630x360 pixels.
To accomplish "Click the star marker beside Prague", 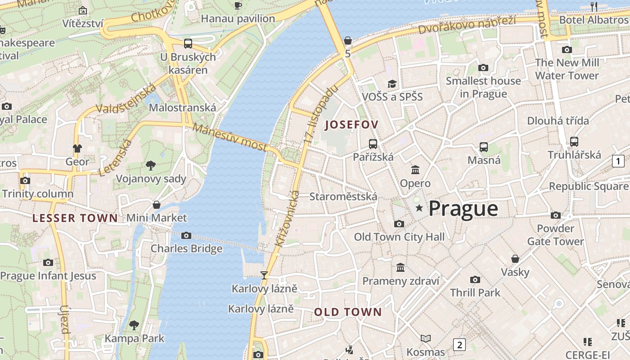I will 419,208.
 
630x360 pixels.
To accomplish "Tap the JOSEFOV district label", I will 352,125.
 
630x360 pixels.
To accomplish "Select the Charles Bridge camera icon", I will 186,236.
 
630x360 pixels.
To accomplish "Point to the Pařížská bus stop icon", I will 373,144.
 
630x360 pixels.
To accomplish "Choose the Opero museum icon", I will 415,170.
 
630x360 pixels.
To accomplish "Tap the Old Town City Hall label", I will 399,237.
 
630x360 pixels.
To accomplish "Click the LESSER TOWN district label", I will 75,218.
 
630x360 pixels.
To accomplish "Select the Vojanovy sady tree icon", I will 151,166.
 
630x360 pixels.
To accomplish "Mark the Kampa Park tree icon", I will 134,325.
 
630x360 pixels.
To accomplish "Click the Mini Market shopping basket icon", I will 157,205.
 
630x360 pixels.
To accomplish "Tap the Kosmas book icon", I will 426,338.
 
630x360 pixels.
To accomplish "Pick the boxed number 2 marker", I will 459,345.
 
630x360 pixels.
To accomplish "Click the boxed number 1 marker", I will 618,161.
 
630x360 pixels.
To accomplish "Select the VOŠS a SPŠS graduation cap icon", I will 392,84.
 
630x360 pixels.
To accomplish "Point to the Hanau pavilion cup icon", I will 238,5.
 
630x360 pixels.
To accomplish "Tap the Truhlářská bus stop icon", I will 574,142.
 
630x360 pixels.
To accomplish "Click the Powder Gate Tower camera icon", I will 556,215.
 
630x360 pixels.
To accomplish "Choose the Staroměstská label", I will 343,197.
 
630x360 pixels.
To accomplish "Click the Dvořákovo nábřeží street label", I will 467,25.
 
